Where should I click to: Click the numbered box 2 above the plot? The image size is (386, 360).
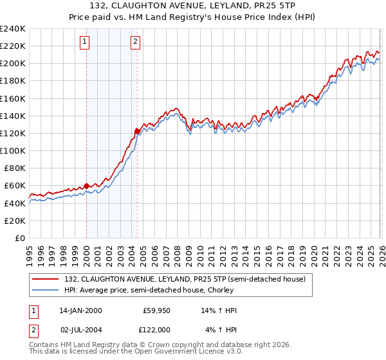tap(136, 42)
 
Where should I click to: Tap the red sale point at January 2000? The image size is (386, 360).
tap(86, 186)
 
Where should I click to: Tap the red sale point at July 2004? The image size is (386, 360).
tap(137, 131)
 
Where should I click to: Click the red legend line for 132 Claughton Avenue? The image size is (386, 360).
tap(46, 278)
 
